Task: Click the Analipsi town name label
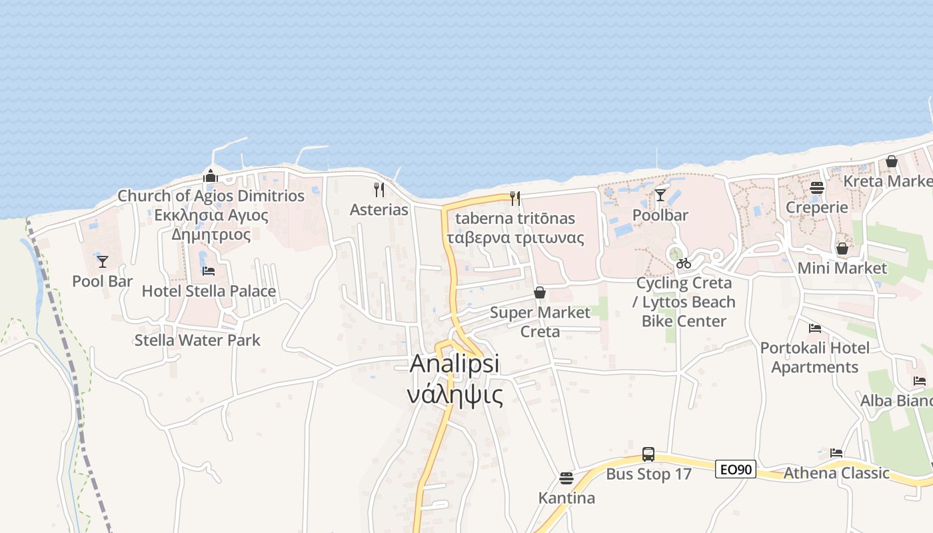(x=455, y=364)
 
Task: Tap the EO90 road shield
(x=736, y=469)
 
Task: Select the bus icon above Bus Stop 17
(x=648, y=454)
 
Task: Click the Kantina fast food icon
(x=566, y=478)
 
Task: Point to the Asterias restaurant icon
(x=379, y=189)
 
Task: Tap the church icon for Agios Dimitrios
(x=211, y=175)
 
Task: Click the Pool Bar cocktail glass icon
(x=103, y=261)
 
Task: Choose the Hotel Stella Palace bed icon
(x=209, y=271)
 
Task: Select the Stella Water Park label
(x=197, y=340)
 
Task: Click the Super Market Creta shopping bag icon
(x=540, y=292)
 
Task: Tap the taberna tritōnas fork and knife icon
(x=514, y=198)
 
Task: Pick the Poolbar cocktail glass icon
(x=660, y=195)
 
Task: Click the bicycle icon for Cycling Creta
(x=683, y=263)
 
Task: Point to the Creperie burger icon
(x=817, y=187)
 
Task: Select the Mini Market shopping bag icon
(x=842, y=249)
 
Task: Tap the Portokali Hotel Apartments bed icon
(x=814, y=328)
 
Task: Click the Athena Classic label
(x=836, y=473)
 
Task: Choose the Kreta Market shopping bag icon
(x=892, y=161)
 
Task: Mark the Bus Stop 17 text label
(x=648, y=474)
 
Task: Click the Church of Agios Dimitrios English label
(x=211, y=196)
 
